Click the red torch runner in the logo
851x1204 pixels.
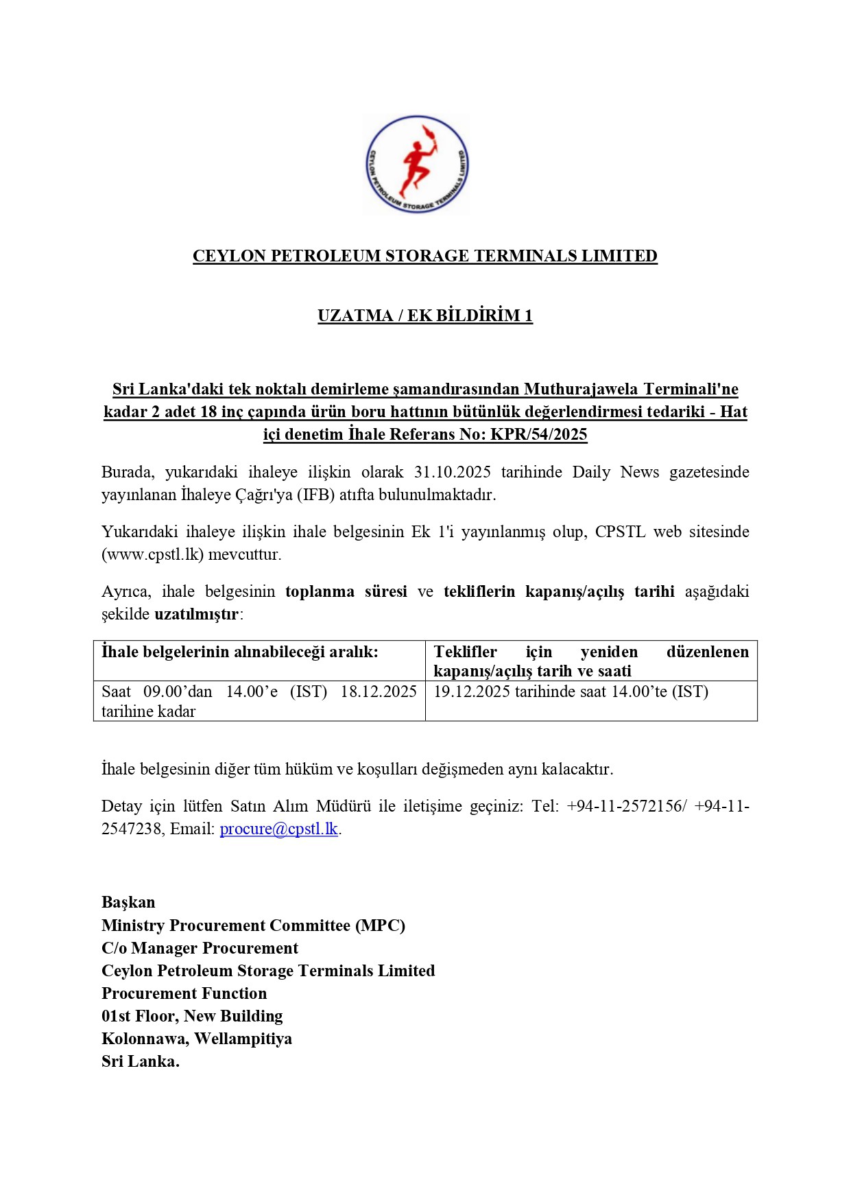click(416, 165)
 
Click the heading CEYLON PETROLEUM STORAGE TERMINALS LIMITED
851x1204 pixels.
click(424, 256)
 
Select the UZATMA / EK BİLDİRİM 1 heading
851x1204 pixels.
click(424, 316)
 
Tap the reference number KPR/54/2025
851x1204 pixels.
click(538, 434)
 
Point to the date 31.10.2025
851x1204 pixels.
click(452, 472)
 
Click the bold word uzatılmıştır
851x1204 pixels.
click(197, 614)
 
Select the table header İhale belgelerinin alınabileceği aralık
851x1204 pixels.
click(239, 652)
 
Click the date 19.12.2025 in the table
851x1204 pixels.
click(472, 692)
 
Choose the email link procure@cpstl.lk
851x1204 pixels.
click(278, 829)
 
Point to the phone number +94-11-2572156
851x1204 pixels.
click(625, 806)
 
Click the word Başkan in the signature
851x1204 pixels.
click(128, 902)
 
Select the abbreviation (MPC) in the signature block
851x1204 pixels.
click(380, 925)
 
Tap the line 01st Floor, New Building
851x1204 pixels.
click(192, 1016)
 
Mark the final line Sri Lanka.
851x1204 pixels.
click(141, 1061)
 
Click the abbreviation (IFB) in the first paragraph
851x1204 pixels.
click(315, 495)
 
